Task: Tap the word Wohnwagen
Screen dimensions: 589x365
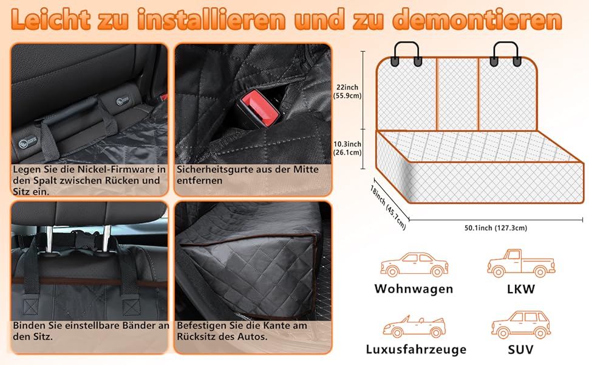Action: coord(414,288)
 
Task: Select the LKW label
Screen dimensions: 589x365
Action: coord(520,289)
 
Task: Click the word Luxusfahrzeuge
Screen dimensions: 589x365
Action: coord(416,349)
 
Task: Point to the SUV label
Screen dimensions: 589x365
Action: coord(520,350)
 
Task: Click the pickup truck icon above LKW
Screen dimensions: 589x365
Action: coord(521,263)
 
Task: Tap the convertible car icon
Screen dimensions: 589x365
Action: coord(414,326)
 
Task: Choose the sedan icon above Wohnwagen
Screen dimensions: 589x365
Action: coord(414,265)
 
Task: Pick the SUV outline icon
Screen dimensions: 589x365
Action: coord(521,325)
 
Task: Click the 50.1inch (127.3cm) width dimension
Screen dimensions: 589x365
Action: coord(495,228)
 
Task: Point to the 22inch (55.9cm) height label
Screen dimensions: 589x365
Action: coord(347,91)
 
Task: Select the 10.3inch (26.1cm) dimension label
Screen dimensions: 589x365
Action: coord(347,148)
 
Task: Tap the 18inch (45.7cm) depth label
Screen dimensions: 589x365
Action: coord(387,207)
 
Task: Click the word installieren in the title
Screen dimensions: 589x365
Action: coord(211,19)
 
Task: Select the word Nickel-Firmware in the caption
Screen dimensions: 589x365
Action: coord(117,169)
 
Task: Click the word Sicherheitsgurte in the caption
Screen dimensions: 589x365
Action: coord(216,170)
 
